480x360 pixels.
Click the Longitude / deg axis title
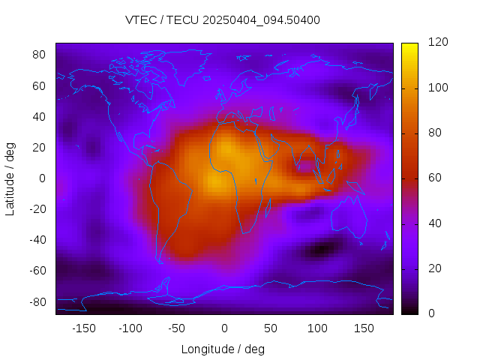tap(223, 349)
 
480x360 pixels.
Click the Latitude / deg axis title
tap(10, 178)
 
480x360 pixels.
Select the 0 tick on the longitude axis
tap(223, 328)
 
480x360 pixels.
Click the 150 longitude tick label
tap(364, 328)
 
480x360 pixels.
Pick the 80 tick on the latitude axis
tap(40, 55)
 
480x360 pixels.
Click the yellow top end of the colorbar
tap(409, 46)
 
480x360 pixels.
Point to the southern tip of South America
tap(160, 262)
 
